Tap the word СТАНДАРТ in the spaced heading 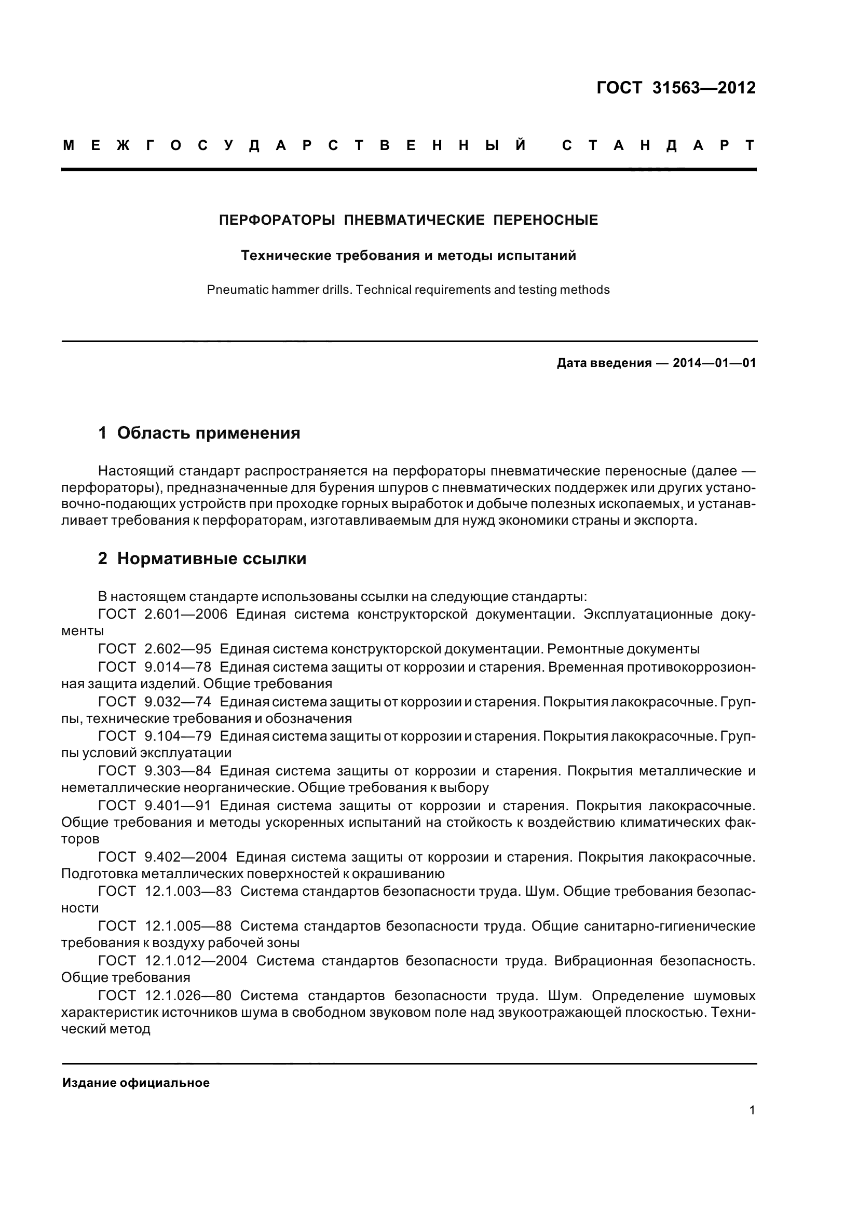(659, 145)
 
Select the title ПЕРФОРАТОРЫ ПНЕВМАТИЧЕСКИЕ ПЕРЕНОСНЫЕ (408, 220)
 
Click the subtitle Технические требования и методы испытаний (408, 256)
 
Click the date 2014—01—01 (714, 363)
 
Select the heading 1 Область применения (199, 433)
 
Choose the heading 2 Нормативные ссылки (202, 559)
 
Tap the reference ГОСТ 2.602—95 (154, 649)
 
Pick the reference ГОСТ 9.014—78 (154, 667)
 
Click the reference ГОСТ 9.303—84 (154, 771)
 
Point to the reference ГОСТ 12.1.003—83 (165, 892)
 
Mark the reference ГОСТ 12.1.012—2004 (173, 961)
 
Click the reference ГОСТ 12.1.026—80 (165, 995)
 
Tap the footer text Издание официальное (136, 1083)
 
